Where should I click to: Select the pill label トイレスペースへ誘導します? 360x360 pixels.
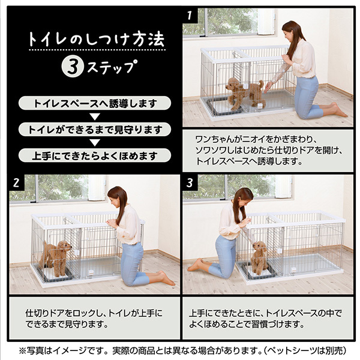click(94, 103)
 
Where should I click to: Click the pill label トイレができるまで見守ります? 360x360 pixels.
click(94, 129)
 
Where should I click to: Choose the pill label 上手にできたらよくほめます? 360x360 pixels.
click(94, 155)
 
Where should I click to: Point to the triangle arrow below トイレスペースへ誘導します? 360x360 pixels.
click(94, 116)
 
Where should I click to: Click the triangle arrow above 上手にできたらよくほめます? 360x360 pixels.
click(94, 142)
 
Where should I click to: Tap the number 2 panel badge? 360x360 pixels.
click(16, 182)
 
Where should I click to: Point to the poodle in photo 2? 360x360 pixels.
click(55, 256)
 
